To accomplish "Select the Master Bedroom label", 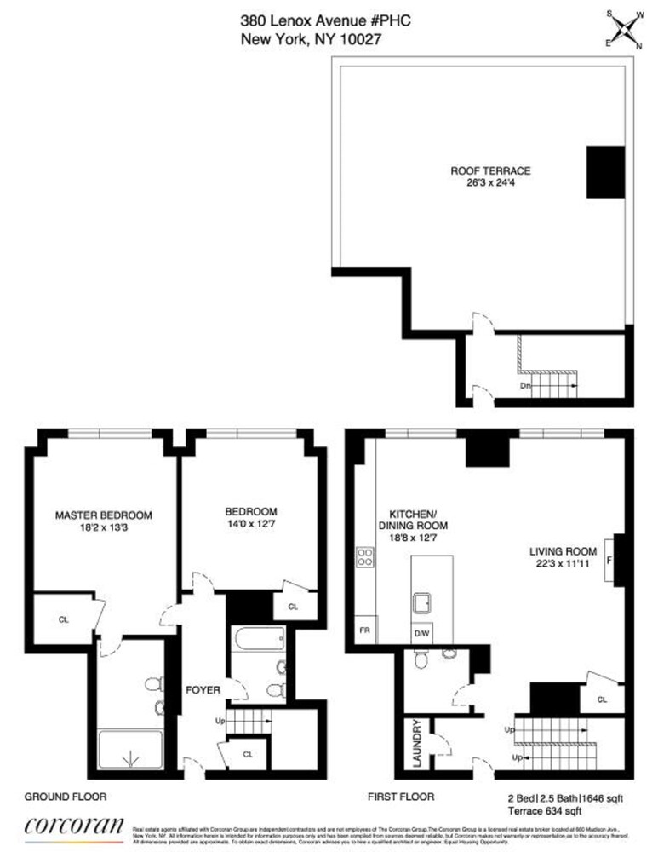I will tap(103, 515).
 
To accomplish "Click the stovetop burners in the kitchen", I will tap(365, 559).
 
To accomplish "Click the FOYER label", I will tap(204, 689).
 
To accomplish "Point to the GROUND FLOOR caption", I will tap(65, 797).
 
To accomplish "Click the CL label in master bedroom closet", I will tap(63, 619).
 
